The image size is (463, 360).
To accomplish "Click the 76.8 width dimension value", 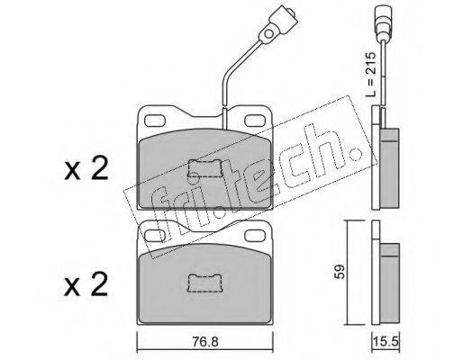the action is click(205, 341).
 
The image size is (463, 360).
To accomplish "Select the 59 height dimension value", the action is click(340, 272).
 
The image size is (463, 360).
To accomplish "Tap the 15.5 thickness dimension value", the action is click(386, 341).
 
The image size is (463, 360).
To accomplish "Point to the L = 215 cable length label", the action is click(370, 74).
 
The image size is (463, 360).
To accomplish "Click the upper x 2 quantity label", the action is click(86, 169).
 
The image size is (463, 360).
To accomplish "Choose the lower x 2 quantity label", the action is click(86, 284).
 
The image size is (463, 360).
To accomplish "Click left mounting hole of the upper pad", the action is click(155, 121).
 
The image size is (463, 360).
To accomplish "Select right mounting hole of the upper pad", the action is click(255, 121).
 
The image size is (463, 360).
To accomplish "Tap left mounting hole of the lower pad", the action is click(154, 235).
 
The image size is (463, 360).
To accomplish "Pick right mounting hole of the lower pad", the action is click(255, 235).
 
